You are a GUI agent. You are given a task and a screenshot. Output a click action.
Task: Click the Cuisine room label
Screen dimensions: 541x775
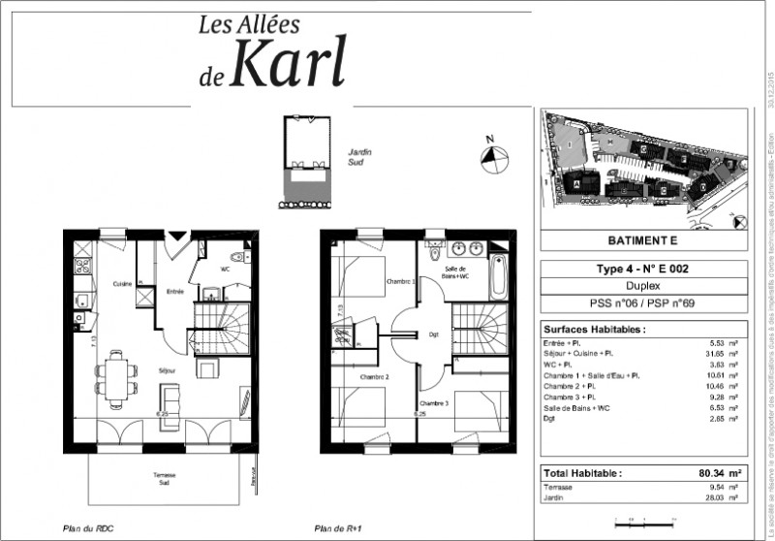(x=122, y=283)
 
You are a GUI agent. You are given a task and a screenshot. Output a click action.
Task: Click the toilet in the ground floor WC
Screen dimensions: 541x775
(x=245, y=259)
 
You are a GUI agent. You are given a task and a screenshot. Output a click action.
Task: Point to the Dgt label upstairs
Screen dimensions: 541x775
(x=433, y=335)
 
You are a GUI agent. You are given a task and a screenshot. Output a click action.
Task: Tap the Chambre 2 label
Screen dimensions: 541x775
(x=373, y=377)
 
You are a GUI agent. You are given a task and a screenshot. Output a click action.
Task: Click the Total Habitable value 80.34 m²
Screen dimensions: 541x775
(x=720, y=473)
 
